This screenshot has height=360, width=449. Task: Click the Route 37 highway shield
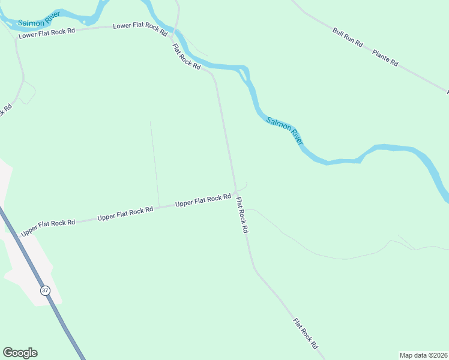point(45,290)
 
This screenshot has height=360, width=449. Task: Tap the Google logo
point(20,353)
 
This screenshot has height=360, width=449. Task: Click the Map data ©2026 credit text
point(423,355)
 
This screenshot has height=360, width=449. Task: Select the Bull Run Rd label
point(348,37)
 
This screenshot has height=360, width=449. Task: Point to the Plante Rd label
point(385,58)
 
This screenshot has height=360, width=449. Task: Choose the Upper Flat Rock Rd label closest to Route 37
point(48,227)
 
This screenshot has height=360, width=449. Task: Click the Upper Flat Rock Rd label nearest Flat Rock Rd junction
point(203,200)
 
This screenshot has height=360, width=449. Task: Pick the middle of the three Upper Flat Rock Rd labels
point(125,214)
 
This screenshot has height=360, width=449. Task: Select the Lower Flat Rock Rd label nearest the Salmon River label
point(47,33)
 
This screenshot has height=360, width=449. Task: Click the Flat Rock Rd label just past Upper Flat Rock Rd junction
point(242,215)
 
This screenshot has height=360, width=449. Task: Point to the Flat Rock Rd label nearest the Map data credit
point(305,334)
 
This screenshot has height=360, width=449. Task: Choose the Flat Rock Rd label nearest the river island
point(186,57)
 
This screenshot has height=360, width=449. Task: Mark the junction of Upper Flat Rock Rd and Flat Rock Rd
point(235,193)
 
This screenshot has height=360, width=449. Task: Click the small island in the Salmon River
point(243,75)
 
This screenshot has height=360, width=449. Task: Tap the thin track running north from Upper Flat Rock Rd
point(154,162)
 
